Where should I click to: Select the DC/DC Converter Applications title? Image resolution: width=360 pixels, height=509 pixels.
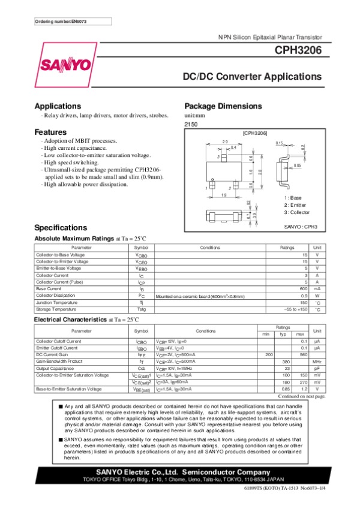(x=251, y=77)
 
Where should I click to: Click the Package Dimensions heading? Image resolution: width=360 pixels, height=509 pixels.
(x=223, y=106)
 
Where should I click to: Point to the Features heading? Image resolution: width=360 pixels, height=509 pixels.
(x=50, y=132)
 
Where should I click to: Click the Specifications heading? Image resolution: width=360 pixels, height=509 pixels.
(x=61, y=228)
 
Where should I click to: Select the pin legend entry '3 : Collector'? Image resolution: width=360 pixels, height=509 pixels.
(x=298, y=212)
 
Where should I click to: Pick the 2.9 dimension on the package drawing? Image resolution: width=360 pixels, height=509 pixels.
(x=225, y=141)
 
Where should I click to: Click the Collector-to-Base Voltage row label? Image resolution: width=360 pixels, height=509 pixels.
(x=62, y=255)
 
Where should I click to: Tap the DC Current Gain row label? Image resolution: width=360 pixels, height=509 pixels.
(x=53, y=355)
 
